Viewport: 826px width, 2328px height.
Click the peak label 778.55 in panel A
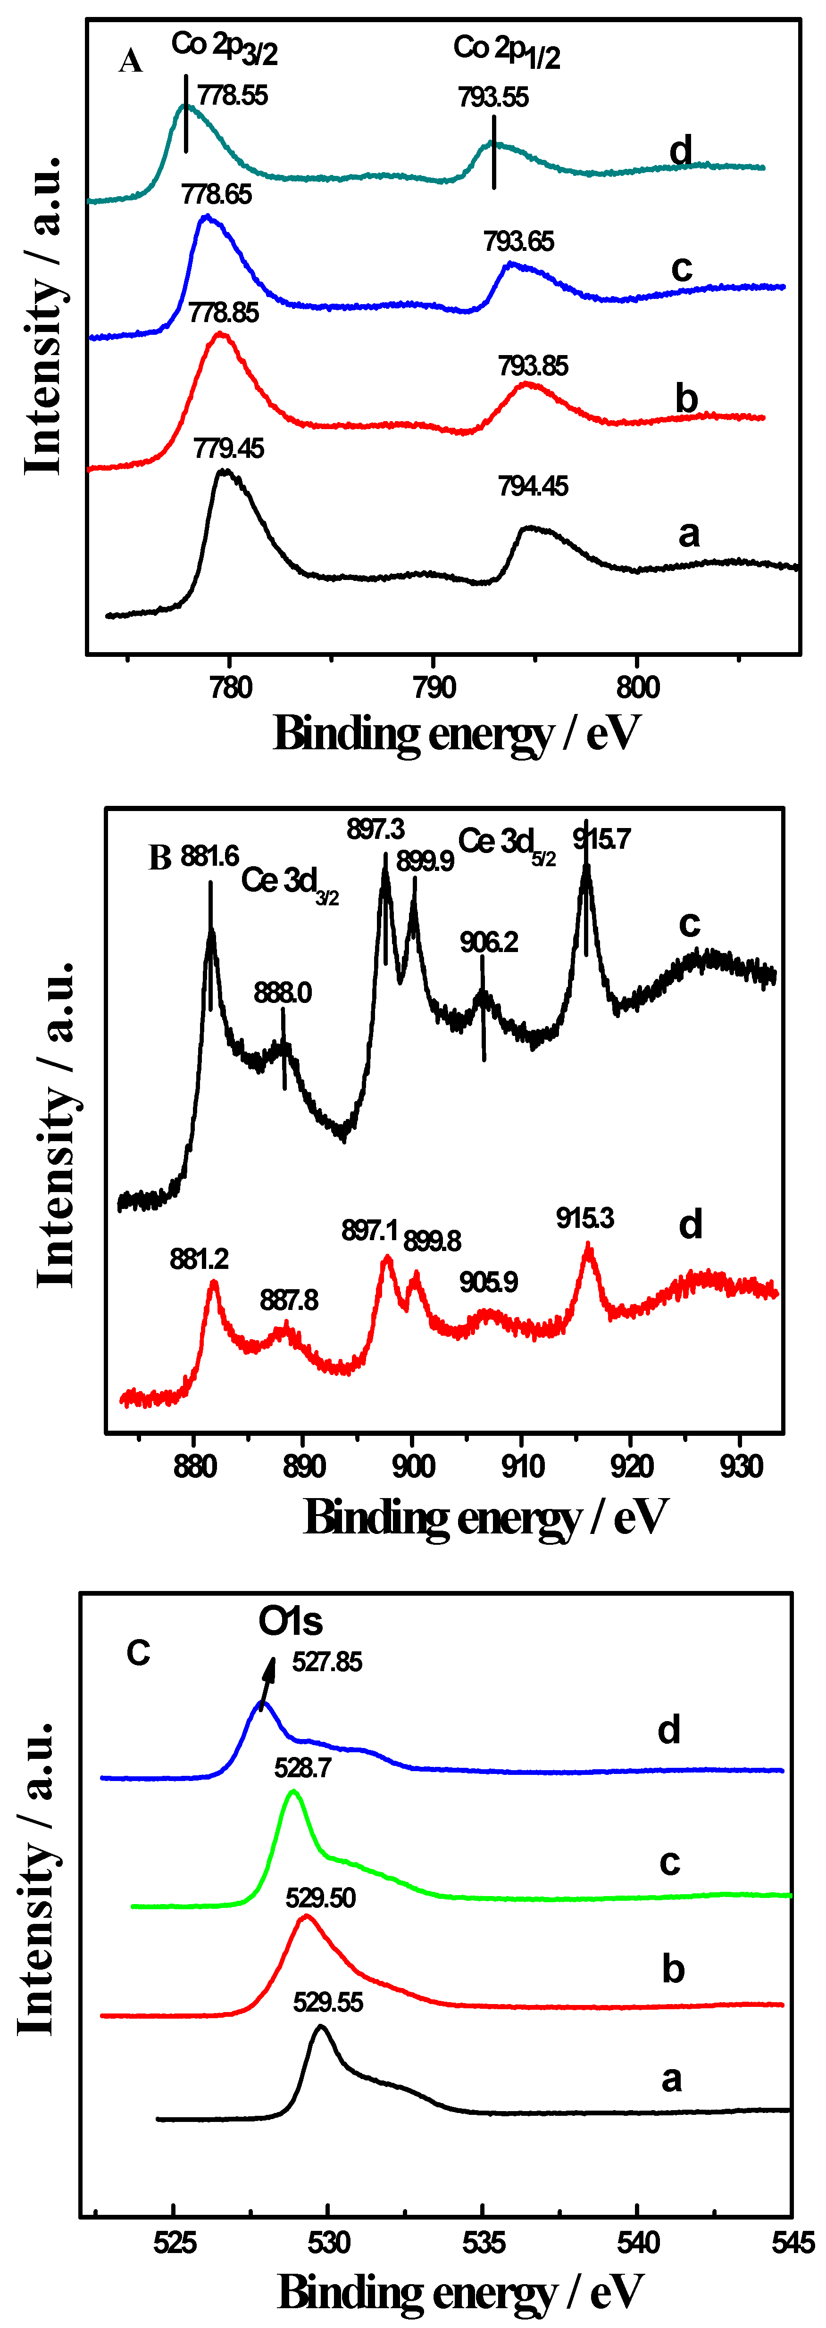tap(232, 95)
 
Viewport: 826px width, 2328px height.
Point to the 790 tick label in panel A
tap(434, 688)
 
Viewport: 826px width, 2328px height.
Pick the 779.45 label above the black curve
tap(229, 448)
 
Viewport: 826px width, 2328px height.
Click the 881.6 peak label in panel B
tap(209, 855)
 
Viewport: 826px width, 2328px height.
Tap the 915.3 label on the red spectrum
tap(584, 1218)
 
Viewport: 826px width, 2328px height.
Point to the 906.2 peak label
tap(489, 943)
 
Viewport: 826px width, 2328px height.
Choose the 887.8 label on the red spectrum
tap(289, 1301)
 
